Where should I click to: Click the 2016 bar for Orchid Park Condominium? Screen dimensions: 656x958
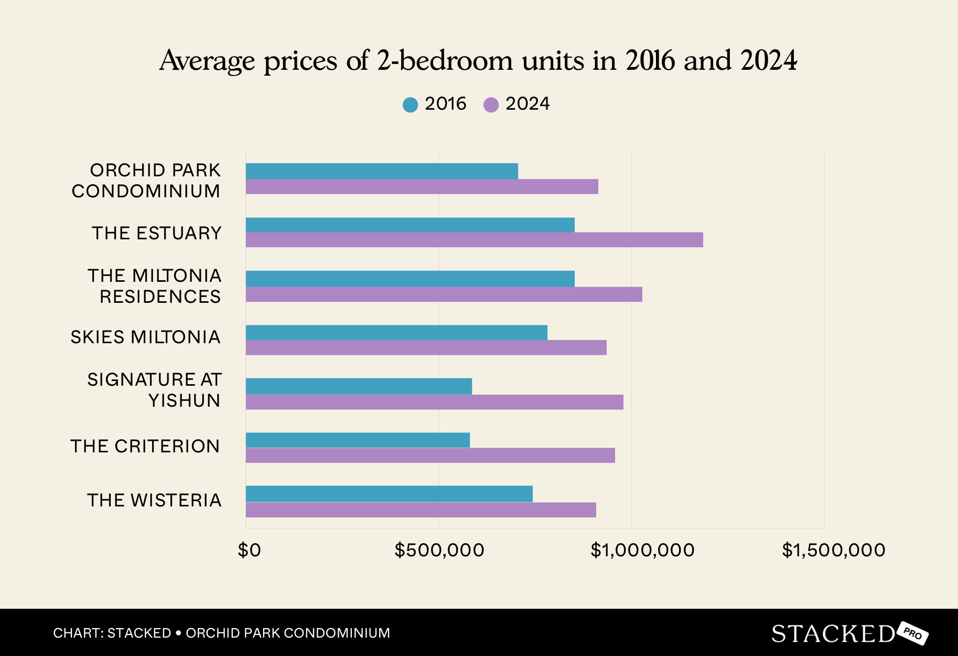tap(382, 171)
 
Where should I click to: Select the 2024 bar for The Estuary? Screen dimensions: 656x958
tap(474, 240)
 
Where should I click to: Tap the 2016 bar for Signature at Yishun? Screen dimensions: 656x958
tap(359, 386)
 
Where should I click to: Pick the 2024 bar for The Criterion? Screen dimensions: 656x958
tap(430, 456)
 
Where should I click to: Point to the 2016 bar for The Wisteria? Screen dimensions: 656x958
tap(389, 494)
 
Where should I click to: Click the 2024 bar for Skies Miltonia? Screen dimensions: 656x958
tap(426, 347)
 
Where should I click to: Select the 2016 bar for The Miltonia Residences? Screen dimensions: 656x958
tap(410, 279)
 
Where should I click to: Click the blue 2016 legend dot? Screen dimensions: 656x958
tap(410, 104)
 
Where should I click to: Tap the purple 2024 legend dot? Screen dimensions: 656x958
tap(491, 104)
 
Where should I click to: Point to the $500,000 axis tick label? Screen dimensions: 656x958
tap(439, 550)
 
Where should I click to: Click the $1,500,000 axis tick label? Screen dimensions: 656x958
tap(833, 550)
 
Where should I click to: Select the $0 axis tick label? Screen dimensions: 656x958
tap(249, 550)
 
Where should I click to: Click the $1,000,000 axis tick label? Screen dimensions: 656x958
tap(642, 550)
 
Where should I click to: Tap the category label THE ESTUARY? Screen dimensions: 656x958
tap(156, 233)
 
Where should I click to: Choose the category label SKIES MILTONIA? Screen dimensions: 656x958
tap(145, 337)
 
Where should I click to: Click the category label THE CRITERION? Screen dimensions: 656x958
tap(145, 446)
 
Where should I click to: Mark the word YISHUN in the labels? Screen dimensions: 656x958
tap(184, 401)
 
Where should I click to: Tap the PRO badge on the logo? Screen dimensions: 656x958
tap(913, 633)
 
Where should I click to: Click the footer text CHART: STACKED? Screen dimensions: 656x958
tap(112, 633)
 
